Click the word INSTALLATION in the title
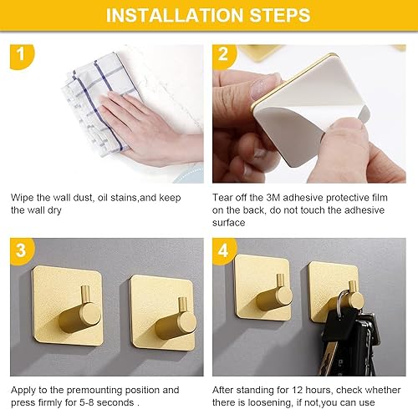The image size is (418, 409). (x=175, y=15)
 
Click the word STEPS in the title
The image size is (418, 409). (x=280, y=15)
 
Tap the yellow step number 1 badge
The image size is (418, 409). (x=22, y=56)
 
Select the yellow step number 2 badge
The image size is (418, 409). (x=224, y=56)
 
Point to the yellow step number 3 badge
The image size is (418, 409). (x=22, y=250)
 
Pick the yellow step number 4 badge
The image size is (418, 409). (x=224, y=250)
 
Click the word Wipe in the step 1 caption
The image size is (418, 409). (x=23, y=198)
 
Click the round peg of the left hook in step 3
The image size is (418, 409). (x=90, y=315)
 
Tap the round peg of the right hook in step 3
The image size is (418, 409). (x=186, y=323)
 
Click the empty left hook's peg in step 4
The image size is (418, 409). (x=283, y=295)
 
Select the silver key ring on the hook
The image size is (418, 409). (x=343, y=303)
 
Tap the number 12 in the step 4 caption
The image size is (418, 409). (x=298, y=390)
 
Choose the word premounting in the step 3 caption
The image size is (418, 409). (x=94, y=391)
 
